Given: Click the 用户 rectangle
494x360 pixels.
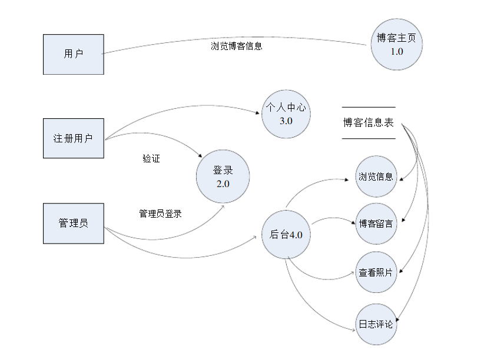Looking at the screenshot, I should tap(73, 54).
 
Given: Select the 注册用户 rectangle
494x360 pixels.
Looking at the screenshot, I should tap(73, 138).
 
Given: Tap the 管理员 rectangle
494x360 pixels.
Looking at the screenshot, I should tap(73, 223).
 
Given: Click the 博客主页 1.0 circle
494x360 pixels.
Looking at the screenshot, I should tap(397, 45).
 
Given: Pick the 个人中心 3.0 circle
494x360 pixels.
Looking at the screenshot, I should tap(286, 114).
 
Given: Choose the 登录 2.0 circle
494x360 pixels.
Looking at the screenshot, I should tap(223, 176).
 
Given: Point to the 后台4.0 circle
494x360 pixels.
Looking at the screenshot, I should tap(286, 235).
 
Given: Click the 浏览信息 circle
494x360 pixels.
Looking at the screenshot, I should tap(376, 176).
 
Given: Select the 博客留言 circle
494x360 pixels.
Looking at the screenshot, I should tap(376, 224).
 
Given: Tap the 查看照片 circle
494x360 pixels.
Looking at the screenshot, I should tap(376, 272).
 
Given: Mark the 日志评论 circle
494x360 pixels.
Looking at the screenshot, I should tap(376, 324).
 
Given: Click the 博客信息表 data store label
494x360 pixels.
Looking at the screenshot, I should tap(369, 123).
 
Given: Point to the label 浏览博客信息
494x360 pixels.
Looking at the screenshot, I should tap(237, 46).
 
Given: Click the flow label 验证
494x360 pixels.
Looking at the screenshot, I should tap(151, 159).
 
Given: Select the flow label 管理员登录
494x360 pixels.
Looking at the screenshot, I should tap(160, 214).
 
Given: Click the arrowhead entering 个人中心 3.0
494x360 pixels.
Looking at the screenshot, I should tap(259, 114).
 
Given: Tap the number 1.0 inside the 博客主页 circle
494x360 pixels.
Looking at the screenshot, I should tap(397, 51).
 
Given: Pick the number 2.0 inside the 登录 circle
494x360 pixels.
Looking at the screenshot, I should tap(223, 184).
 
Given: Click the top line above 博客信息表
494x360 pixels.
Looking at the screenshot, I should tap(369, 107).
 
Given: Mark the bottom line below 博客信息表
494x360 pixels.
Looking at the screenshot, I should tap(369, 139).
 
